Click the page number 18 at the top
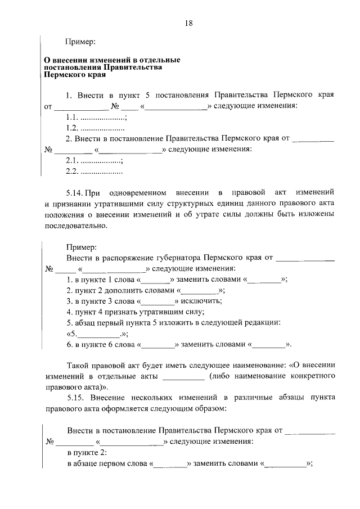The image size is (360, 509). pos(188,23)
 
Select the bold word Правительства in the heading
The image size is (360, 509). pos(137,67)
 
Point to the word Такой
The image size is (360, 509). pos(77,365)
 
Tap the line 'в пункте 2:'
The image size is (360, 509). pos(87,453)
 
